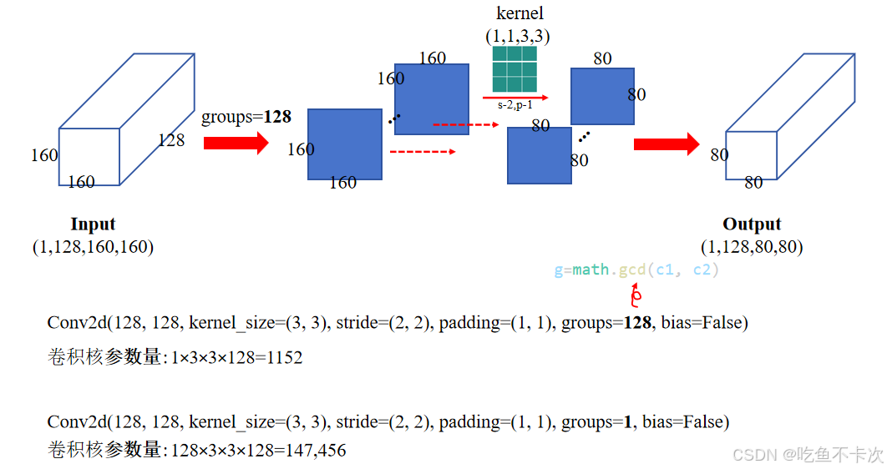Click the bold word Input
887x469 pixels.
click(93, 224)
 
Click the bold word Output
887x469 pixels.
click(752, 224)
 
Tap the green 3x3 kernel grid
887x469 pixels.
click(514, 68)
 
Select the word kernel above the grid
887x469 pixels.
click(520, 13)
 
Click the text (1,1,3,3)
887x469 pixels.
click(518, 37)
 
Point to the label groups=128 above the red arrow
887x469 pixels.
click(246, 118)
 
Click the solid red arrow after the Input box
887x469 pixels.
click(236, 143)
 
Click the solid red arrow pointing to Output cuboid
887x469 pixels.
click(666, 144)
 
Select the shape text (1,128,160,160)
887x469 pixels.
click(93, 247)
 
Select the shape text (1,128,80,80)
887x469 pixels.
click(752, 247)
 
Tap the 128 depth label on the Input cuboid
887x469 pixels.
click(171, 140)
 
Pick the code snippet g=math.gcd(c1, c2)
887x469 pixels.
click(636, 270)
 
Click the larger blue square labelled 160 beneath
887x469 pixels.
click(345, 144)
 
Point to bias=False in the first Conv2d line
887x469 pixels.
click(704, 323)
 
